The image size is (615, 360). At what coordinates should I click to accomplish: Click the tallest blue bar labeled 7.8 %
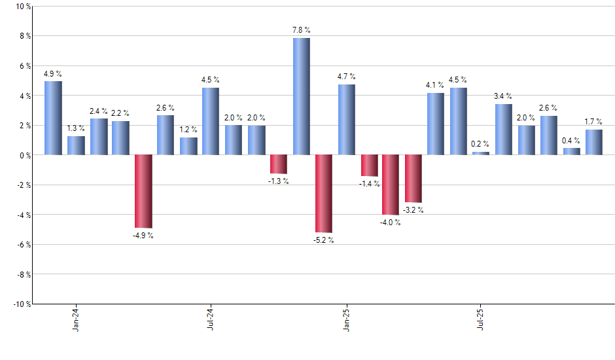click(x=301, y=96)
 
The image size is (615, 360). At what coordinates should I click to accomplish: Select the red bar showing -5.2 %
click(x=323, y=193)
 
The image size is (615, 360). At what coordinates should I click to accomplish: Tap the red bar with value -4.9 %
click(x=143, y=191)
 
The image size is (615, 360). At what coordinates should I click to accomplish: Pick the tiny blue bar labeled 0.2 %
click(x=481, y=153)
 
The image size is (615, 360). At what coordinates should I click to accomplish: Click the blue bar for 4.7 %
click(x=346, y=120)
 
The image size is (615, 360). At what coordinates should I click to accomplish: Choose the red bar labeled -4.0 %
click(x=391, y=185)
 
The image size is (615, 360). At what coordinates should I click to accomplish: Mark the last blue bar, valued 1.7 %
click(x=593, y=142)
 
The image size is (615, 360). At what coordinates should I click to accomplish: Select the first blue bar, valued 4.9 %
click(x=54, y=118)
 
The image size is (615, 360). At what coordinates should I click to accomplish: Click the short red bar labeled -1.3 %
click(x=279, y=164)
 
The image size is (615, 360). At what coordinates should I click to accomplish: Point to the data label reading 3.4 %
click(x=503, y=97)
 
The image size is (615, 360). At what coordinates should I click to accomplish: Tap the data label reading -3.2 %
click(x=413, y=210)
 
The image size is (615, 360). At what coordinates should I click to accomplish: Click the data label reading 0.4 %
click(x=571, y=141)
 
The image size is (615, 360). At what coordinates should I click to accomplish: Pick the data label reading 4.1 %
click(x=435, y=85)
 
